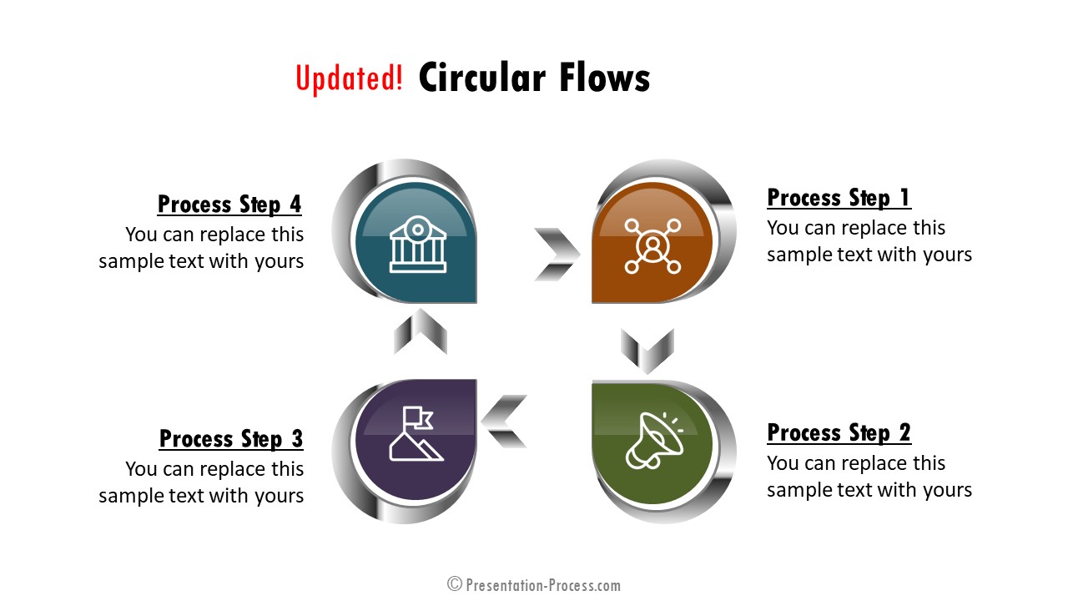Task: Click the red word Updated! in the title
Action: pos(349,78)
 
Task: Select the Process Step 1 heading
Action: pos(839,198)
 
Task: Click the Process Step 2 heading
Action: pos(839,432)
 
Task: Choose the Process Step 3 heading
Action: pos(231,439)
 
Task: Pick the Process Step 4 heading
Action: pos(229,205)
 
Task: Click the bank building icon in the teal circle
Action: pos(418,245)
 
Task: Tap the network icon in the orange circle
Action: pos(652,246)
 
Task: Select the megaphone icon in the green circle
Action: pos(654,441)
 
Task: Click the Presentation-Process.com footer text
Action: pos(543,585)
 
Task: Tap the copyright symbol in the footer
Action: pos(455,583)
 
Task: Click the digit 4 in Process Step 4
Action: pos(295,205)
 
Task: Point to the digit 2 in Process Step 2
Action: pos(905,432)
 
